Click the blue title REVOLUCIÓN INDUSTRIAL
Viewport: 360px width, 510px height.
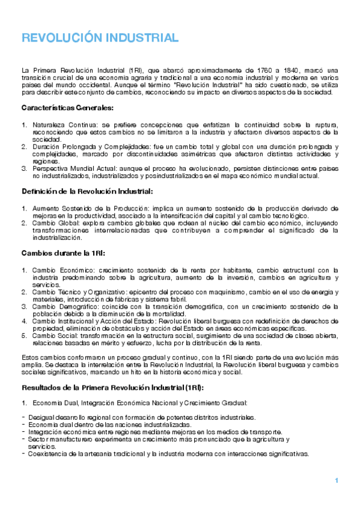pyautogui.click(x=100, y=38)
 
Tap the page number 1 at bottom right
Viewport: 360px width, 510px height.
pyautogui.click(x=337, y=481)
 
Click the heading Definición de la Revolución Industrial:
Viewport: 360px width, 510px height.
pyautogui.click(x=87, y=191)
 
